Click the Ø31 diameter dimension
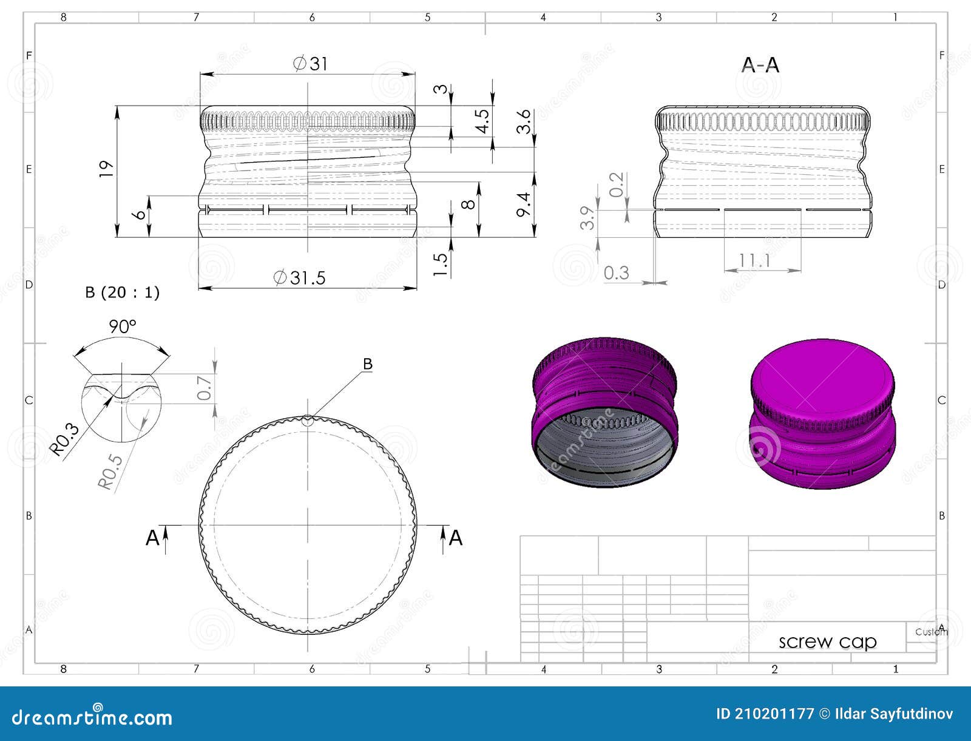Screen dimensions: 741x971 point(310,63)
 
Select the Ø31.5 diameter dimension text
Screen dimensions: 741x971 point(300,278)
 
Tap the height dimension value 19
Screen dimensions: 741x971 point(107,168)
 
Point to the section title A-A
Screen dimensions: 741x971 point(760,65)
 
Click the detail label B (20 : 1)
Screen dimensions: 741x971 point(122,293)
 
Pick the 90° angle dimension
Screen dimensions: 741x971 point(123,327)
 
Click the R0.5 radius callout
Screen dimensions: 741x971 point(110,472)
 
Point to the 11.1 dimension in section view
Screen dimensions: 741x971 point(754,261)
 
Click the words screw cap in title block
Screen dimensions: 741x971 point(827,642)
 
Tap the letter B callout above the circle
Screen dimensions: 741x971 point(367,364)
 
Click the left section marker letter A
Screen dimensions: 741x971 point(152,538)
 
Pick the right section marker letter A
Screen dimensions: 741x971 point(456,538)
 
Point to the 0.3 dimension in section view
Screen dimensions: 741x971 point(617,273)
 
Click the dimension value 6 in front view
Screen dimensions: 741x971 point(141,215)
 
